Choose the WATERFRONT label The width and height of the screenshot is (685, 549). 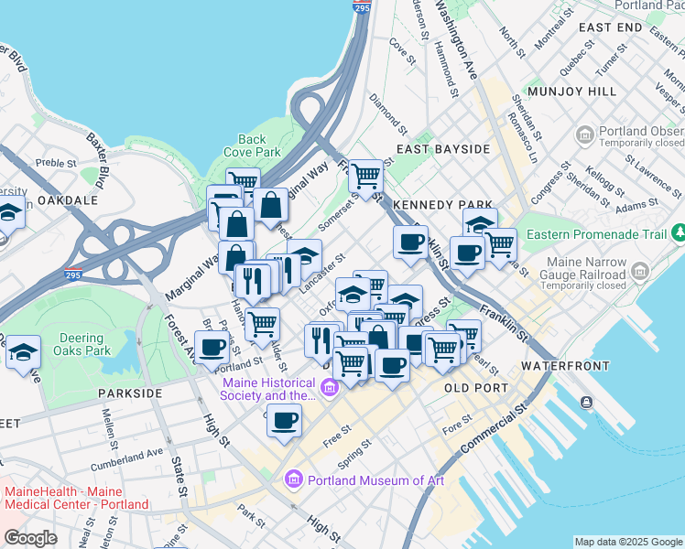(x=565, y=365)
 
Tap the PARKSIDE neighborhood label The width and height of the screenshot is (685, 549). (x=130, y=393)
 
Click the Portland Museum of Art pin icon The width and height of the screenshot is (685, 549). (x=294, y=479)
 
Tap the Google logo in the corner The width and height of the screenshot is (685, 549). (x=31, y=537)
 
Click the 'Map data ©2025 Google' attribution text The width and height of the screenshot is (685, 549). (x=627, y=542)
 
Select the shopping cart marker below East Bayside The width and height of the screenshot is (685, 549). (x=366, y=174)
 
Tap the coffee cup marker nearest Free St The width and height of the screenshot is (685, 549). (x=285, y=420)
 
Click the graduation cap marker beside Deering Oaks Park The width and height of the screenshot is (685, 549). (x=23, y=351)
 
